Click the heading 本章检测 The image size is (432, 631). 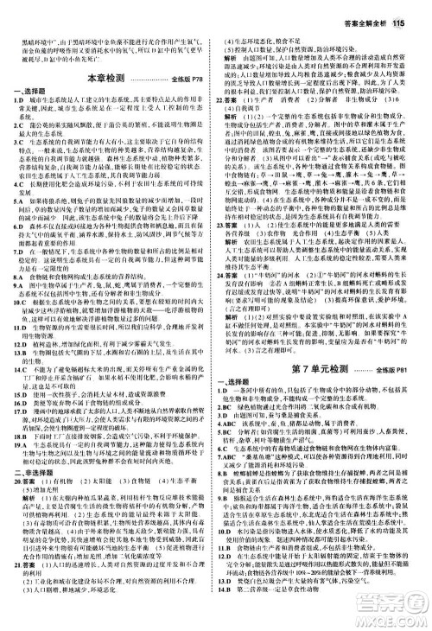107,79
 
